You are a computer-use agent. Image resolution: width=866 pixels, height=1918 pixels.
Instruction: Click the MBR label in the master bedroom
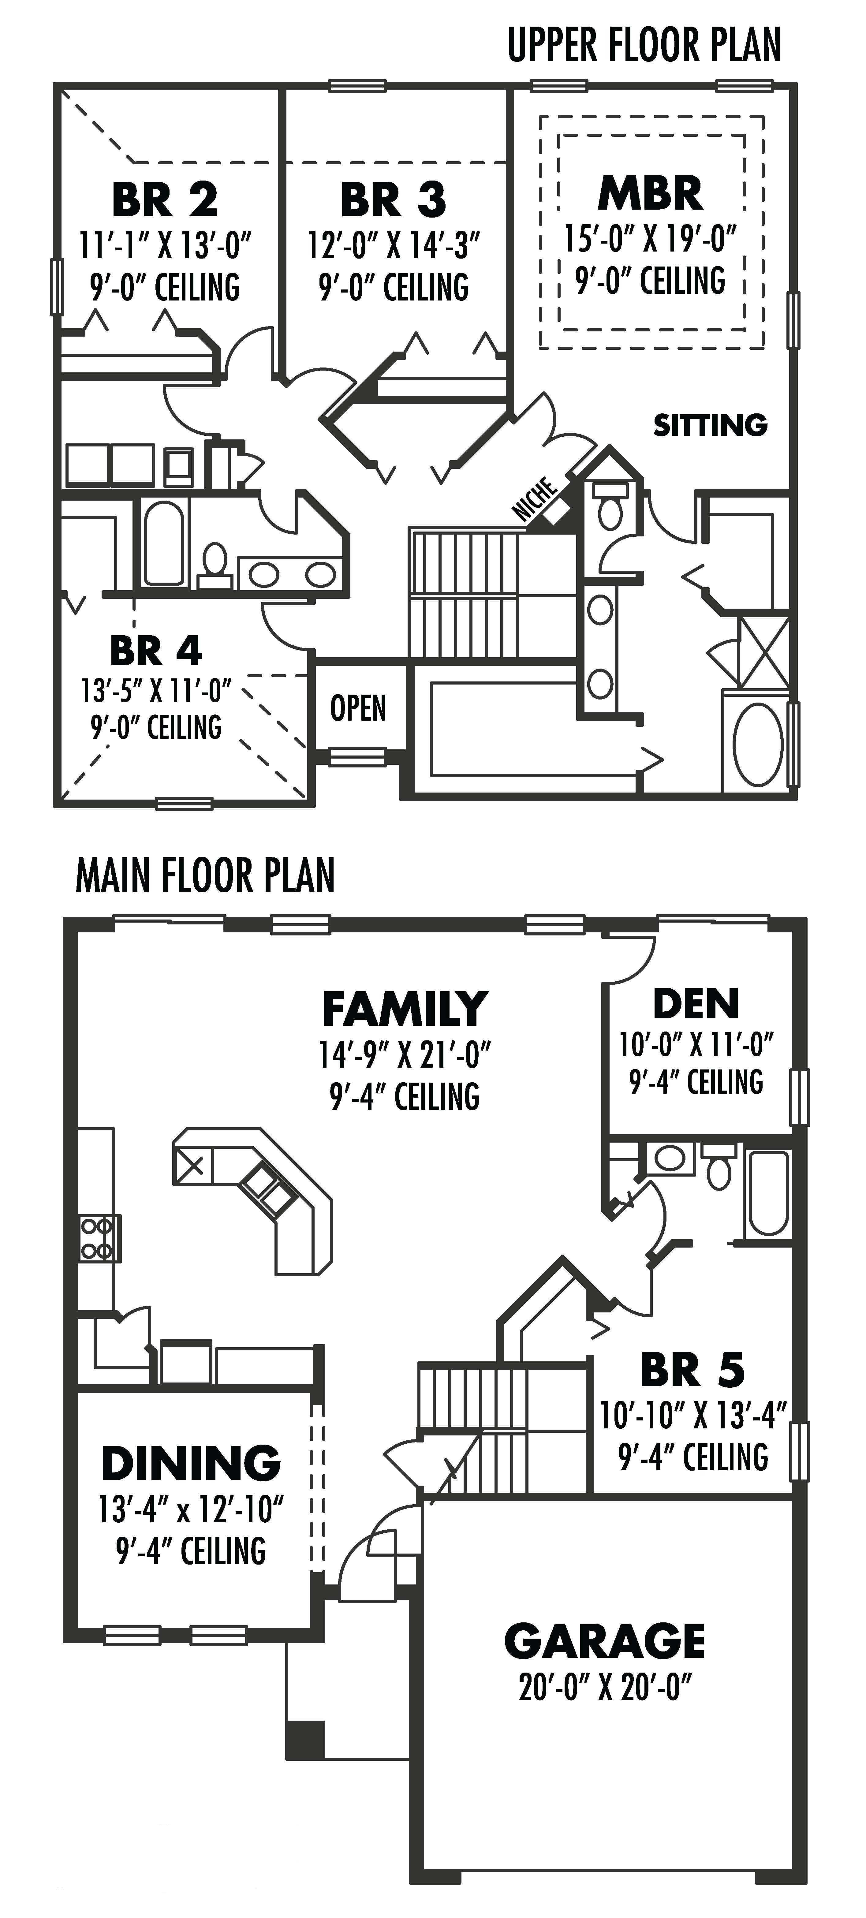pyautogui.click(x=650, y=194)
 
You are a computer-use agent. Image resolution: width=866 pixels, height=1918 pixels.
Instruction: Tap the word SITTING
pyautogui.click(x=710, y=425)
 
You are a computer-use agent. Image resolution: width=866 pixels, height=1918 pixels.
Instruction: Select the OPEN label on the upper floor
pyautogui.click(x=358, y=708)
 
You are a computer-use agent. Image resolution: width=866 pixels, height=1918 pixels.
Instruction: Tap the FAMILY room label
pyautogui.click(x=404, y=1009)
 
